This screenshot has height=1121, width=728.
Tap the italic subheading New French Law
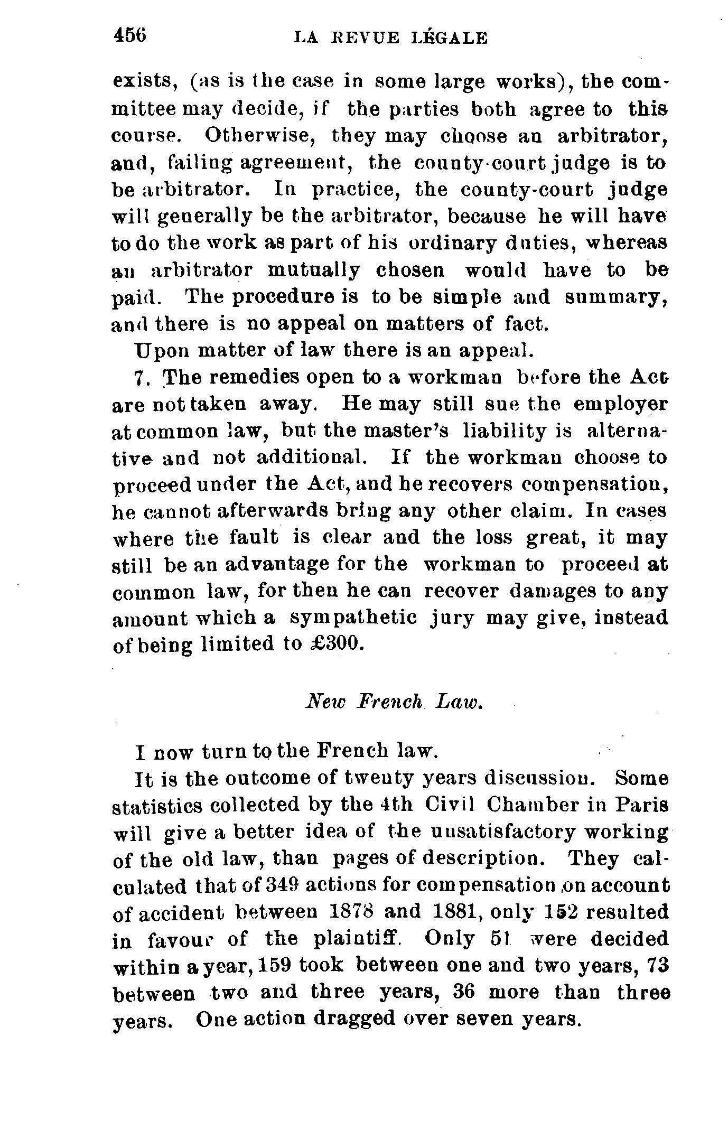(395, 702)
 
